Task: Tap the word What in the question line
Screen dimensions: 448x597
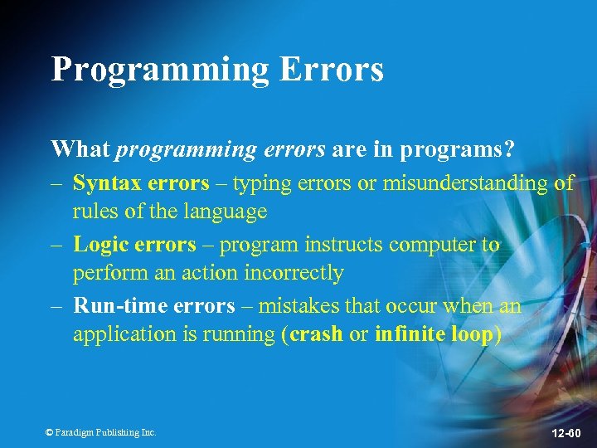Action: click(80, 149)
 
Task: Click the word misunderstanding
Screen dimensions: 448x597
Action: click(464, 183)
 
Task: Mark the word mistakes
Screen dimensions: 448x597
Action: click(299, 306)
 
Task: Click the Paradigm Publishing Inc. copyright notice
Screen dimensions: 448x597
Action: click(100, 432)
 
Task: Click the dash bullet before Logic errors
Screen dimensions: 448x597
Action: click(57, 245)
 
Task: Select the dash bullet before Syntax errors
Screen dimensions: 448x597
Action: click(57, 183)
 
